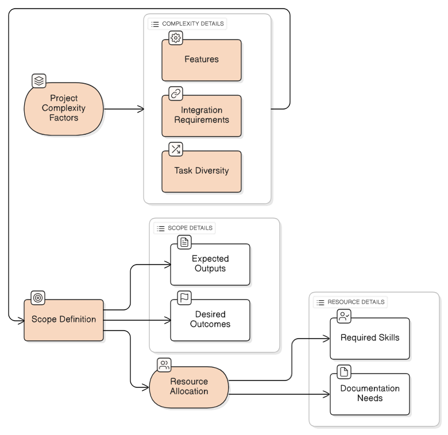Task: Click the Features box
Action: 201,60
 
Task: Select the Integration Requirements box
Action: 201,115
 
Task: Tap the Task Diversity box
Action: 201,171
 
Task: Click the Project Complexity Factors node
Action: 64,108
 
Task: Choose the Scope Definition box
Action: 64,320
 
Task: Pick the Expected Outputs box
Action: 210,264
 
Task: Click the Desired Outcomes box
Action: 210,320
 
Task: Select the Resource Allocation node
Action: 189,387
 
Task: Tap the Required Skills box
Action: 369,338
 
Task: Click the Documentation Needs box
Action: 369,394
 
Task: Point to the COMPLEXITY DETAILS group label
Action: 187,24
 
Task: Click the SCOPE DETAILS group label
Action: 184,228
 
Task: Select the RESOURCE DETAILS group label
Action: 350,302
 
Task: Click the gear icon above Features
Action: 176,38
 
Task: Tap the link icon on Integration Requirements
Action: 176,94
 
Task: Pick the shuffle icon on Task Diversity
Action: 176,149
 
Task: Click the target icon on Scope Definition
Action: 38,298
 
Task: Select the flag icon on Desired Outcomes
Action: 184,297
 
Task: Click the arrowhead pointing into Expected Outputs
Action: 168,265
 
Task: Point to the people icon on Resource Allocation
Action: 164,365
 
